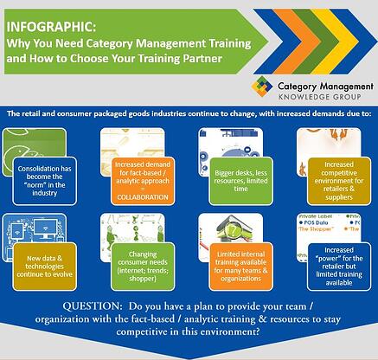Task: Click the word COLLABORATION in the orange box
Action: pyautogui.click(x=141, y=196)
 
